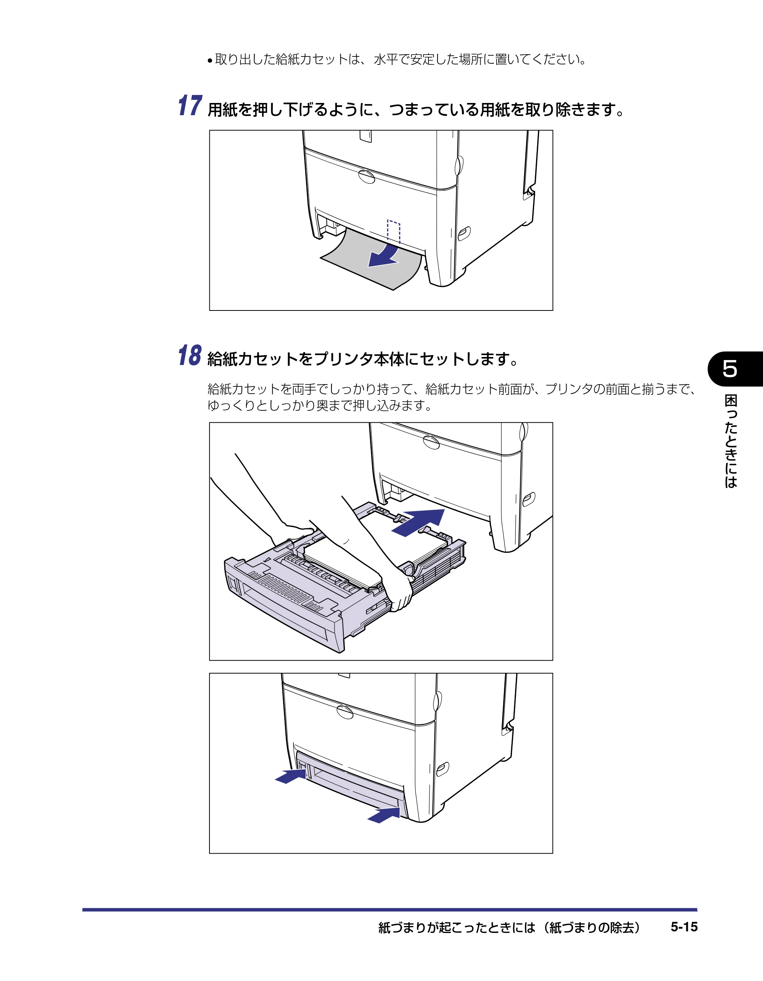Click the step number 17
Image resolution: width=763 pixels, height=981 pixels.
190,106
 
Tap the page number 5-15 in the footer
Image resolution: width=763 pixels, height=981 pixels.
684,927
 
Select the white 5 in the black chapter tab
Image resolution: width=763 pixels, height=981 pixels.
730,369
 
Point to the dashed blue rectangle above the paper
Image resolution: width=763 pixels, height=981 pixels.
394,232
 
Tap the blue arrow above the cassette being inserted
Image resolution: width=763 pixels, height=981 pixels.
418,523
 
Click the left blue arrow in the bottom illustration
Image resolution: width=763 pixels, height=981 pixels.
291,776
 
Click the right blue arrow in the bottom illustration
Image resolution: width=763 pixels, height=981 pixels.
384,815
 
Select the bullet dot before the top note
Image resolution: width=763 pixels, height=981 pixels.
210,61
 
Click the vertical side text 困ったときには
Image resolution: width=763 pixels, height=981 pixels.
731,441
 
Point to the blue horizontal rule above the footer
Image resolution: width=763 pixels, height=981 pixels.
390,910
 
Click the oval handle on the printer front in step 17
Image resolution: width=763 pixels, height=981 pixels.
367,177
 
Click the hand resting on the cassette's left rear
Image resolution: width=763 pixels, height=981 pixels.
296,533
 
